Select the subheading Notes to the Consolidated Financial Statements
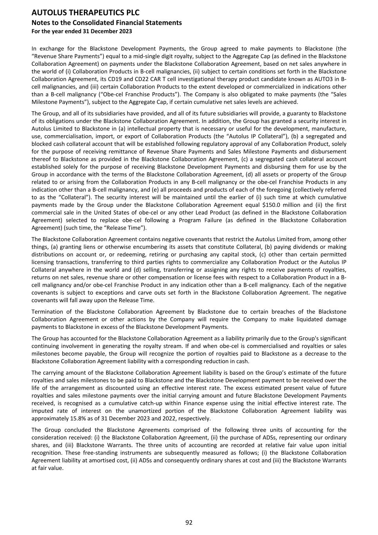[107, 23]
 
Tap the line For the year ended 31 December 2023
[81, 31]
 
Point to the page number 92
[189, 522]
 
